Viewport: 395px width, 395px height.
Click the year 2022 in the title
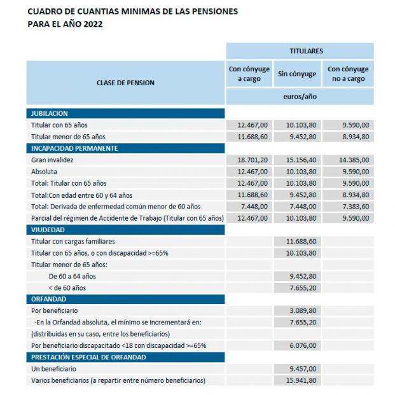coord(90,24)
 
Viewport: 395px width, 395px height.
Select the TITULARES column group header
coord(300,51)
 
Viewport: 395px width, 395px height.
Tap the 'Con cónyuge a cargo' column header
coord(249,74)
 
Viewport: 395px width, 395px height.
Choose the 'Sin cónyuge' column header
coord(297,74)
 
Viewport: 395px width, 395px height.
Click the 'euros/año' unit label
coord(300,97)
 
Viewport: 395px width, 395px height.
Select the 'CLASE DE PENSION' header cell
coord(125,83)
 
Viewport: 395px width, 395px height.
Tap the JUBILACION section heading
coord(50,113)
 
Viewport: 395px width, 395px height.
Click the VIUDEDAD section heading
coord(48,230)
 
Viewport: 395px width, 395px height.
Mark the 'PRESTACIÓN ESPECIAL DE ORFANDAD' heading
coord(88,357)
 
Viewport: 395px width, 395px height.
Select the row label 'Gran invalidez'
coord(52,160)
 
